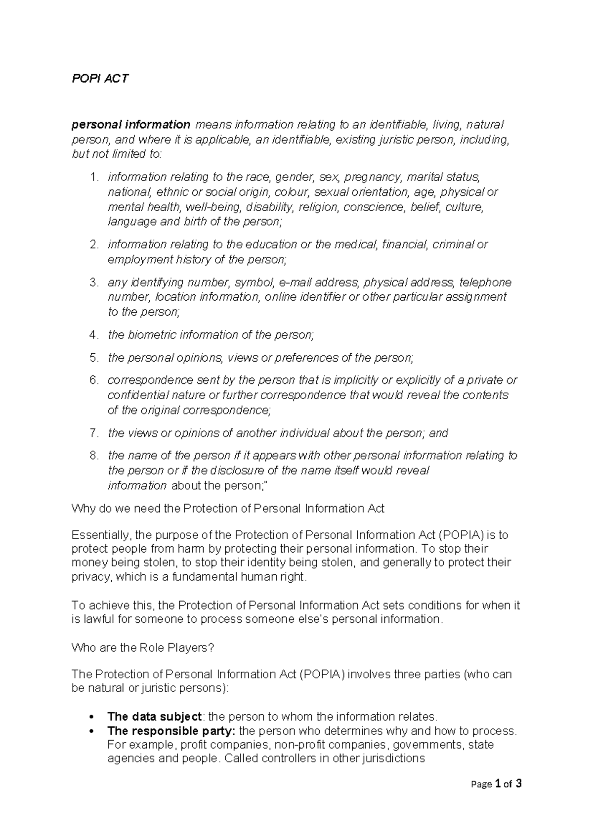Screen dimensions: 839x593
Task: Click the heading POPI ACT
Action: click(x=100, y=79)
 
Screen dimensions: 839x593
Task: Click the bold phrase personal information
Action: click(x=131, y=124)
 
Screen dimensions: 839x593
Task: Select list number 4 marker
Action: click(x=94, y=335)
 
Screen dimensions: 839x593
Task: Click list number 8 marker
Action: click(x=94, y=455)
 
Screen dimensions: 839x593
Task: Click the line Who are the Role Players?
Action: click(x=143, y=648)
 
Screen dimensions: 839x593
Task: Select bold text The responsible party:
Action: click(x=171, y=731)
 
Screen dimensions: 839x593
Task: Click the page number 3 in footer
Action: click(x=518, y=784)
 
